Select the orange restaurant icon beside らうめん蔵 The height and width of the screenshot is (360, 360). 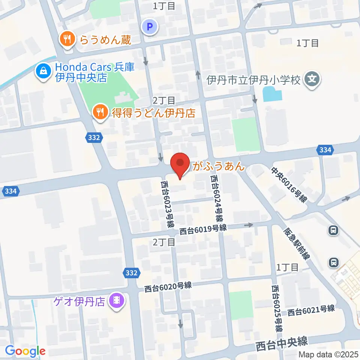[x=67, y=39]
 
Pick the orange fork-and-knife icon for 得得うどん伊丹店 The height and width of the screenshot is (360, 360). [x=99, y=112]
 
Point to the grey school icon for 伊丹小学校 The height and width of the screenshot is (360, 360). [x=312, y=80]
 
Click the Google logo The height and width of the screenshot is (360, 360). [x=25, y=351]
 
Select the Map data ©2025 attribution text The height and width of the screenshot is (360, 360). [x=328, y=354]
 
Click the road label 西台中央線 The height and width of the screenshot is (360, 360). [x=282, y=342]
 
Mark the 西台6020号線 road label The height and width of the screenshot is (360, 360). [x=168, y=287]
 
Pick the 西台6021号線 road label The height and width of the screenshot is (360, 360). [x=311, y=310]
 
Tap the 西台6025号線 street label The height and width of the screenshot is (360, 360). [x=277, y=309]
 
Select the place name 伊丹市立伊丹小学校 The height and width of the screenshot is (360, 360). [x=254, y=80]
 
